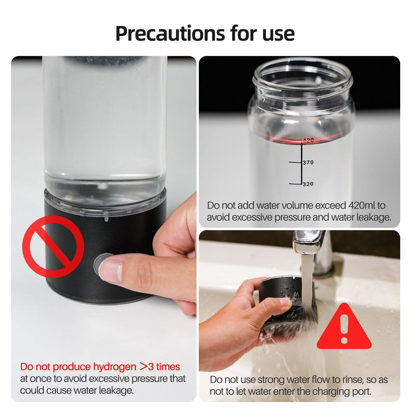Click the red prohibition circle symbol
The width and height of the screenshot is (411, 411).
click(53, 246)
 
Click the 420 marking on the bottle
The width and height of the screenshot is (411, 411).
click(308, 140)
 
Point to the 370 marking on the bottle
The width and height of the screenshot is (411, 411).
click(308, 163)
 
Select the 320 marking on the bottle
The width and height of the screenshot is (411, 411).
click(308, 184)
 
